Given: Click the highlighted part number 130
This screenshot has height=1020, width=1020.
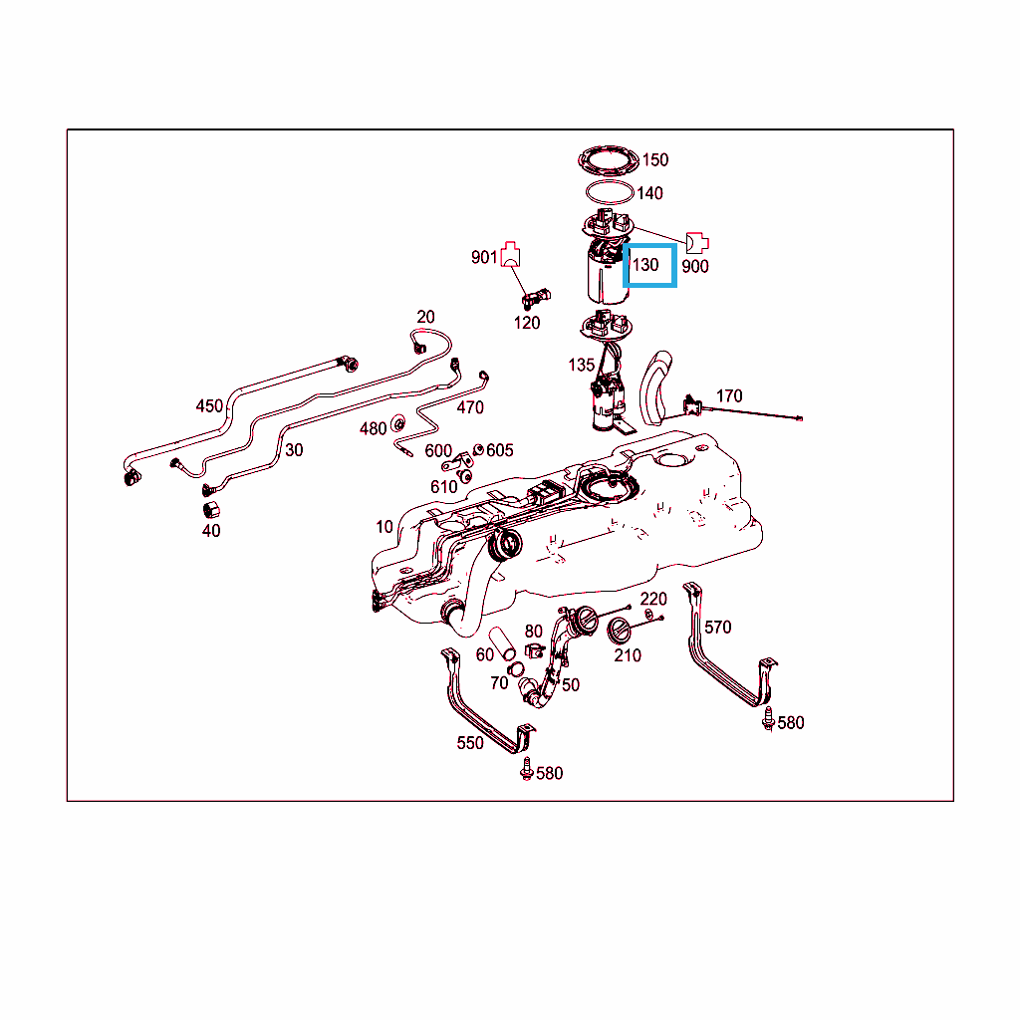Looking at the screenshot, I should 646,265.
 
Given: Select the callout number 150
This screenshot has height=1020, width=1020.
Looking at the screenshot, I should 655,159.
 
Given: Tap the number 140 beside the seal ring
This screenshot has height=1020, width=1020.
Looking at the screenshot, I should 649,193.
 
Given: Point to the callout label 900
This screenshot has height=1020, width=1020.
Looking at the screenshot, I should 695,266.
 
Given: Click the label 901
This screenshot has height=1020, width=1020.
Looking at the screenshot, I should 484,258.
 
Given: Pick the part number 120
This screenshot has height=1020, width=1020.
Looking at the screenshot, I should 527,322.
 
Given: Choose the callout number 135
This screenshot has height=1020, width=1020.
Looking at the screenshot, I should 582,365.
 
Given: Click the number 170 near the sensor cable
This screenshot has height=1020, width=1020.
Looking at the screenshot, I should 729,396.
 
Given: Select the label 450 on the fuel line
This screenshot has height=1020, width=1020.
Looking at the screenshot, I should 209,405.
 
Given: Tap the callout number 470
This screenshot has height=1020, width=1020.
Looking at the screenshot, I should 470,407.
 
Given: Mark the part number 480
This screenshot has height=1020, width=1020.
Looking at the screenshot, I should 373,428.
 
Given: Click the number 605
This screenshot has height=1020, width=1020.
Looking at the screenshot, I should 500,450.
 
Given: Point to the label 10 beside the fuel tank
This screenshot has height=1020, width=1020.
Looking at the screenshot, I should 384,527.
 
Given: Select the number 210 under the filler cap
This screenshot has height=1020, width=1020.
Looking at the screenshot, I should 628,655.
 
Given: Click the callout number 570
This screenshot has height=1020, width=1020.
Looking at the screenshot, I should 717,627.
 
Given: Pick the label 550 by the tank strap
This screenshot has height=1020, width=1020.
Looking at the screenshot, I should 470,743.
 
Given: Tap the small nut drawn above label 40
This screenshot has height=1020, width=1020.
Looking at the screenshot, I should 211,509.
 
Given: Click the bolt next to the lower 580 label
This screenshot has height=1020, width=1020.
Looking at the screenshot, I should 527,769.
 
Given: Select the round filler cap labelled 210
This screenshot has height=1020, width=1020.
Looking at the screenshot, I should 619,631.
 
